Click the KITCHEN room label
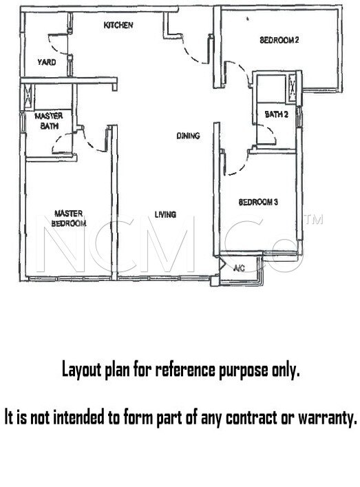[x=118, y=25]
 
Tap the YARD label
[x=47, y=62]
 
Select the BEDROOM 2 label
[x=279, y=40]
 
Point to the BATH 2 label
[x=277, y=114]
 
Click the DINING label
[x=188, y=136]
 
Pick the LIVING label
[x=165, y=214]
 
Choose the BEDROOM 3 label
[x=258, y=203]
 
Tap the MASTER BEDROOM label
[x=69, y=218]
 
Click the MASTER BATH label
[x=48, y=121]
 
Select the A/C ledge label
[x=239, y=268]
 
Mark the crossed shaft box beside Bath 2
[x=293, y=88]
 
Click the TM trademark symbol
[x=314, y=219]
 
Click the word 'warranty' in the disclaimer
[x=328, y=418]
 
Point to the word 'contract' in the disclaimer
[x=251, y=417]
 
